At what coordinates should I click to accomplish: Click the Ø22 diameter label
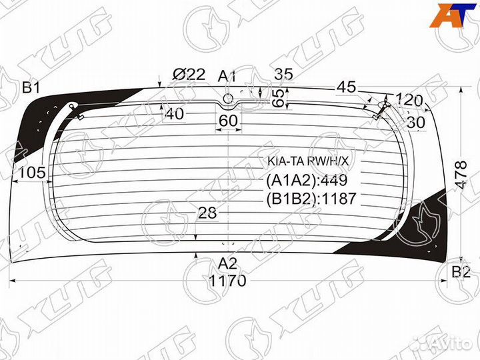(x=189, y=75)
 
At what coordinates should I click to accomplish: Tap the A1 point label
(x=228, y=76)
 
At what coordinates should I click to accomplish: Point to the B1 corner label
(x=31, y=87)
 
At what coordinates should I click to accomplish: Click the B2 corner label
(x=461, y=271)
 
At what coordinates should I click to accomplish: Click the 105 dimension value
(x=32, y=173)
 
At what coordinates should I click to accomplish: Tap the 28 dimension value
(x=209, y=213)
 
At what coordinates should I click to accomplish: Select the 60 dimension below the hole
(x=228, y=121)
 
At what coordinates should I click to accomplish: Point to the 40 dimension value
(x=174, y=114)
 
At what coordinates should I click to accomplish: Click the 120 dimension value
(x=409, y=101)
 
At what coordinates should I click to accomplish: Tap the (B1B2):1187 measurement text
(x=312, y=198)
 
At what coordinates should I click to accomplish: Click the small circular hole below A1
(x=228, y=98)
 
